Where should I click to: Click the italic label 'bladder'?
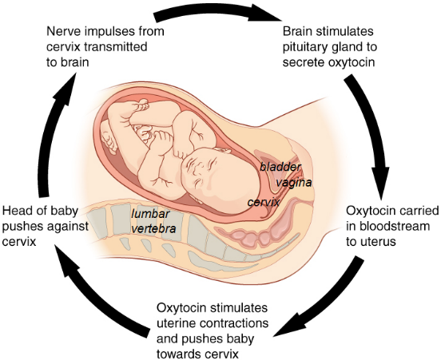coord(280,167)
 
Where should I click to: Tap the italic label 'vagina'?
coord(294,183)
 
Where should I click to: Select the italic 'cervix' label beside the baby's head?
coord(264,202)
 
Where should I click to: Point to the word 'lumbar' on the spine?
coord(150,214)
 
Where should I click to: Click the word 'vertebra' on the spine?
coord(153,229)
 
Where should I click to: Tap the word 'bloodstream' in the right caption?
coord(387,226)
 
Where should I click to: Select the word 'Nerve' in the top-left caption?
coord(62,31)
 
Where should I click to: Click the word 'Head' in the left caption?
coord(16,211)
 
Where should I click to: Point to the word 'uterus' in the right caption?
coord(379,241)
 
